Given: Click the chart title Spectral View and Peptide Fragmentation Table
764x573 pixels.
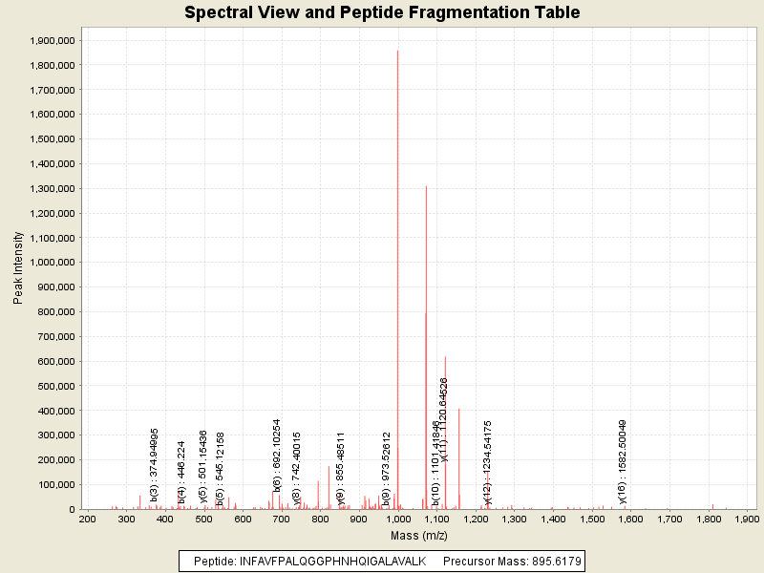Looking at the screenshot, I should pos(382,12).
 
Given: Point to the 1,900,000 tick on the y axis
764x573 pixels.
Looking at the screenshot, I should pos(48,41).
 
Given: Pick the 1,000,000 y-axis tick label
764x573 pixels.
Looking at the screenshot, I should pos(48,263).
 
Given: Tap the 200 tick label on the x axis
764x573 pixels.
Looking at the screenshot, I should pos(87,519).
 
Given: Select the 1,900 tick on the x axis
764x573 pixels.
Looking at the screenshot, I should pos(747,519).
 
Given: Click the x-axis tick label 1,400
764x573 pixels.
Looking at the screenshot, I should pos(552,519).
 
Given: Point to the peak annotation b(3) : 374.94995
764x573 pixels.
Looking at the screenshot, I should pos(154,466).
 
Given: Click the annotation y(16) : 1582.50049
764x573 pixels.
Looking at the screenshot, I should pos(623,462).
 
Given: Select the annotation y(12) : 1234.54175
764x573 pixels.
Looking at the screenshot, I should pos(487,462).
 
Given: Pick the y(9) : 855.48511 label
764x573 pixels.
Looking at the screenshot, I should pos(341,468).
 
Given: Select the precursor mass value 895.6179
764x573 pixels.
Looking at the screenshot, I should pos(552,561).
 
